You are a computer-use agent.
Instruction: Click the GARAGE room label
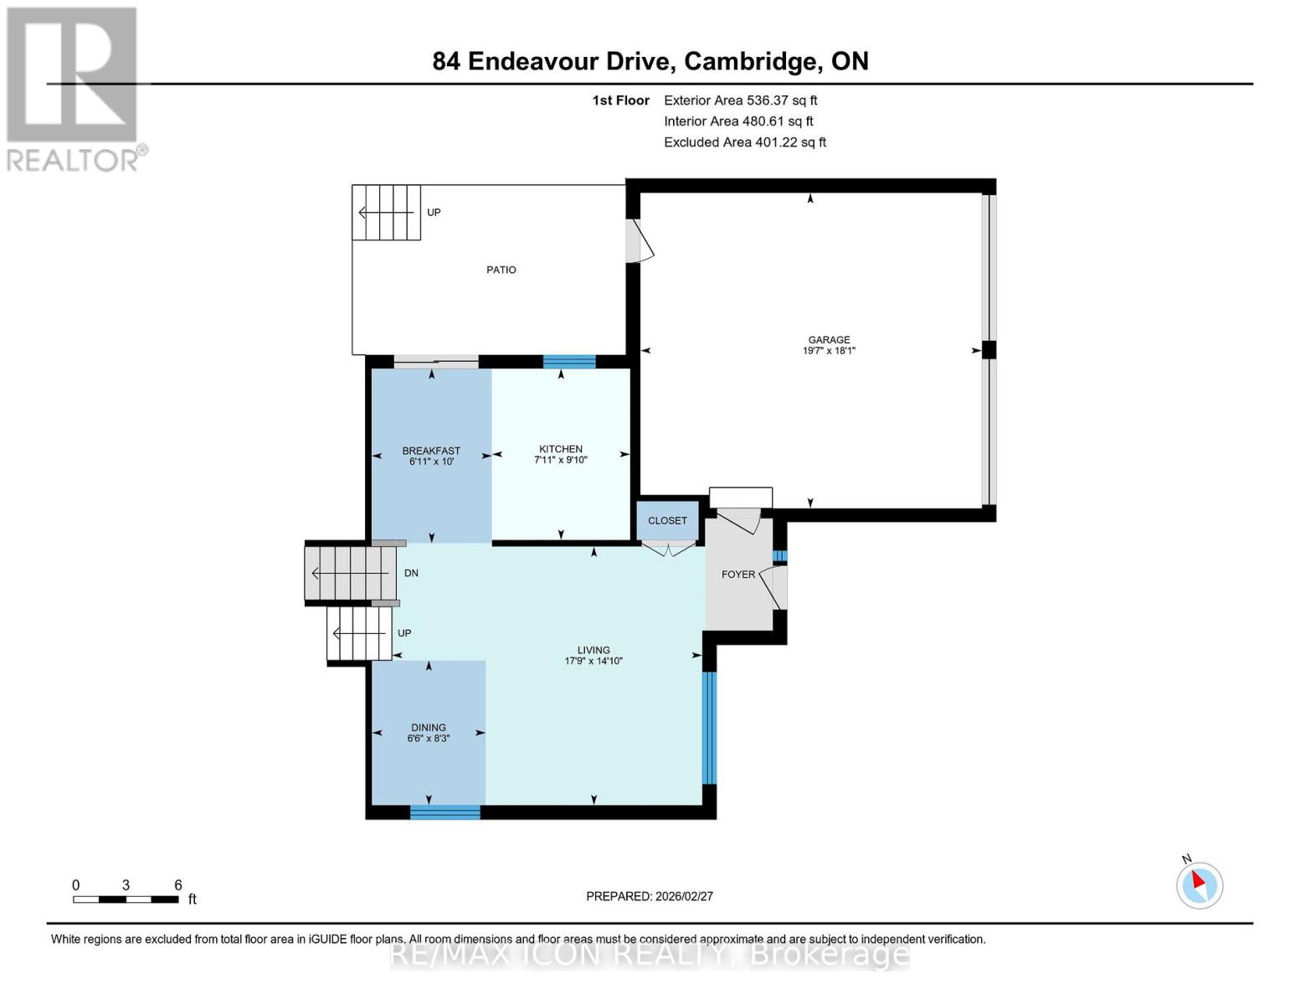829,340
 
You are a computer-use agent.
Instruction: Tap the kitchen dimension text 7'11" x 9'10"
561,460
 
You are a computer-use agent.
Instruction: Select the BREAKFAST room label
431,451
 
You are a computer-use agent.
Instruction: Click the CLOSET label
667,521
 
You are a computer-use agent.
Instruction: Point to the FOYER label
737,575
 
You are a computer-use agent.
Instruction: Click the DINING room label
428,728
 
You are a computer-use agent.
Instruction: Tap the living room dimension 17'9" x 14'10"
593,661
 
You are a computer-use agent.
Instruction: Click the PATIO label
501,270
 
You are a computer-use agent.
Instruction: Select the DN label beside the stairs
411,574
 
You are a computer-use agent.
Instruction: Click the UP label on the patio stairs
434,213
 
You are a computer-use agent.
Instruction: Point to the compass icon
1200,884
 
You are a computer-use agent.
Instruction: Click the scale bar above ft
126,899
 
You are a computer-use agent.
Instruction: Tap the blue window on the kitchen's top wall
569,362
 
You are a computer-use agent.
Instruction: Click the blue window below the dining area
445,812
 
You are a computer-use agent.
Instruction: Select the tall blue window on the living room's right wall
709,728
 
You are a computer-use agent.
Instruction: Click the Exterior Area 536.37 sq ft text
740,100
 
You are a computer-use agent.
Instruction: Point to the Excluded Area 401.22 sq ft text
745,142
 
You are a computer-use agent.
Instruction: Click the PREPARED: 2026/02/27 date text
650,896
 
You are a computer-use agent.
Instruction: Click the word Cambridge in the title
751,61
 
